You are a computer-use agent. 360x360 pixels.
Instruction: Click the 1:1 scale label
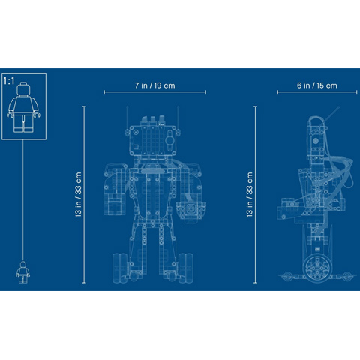(x=9, y=81)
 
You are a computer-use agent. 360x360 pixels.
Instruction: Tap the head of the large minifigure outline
(x=23, y=89)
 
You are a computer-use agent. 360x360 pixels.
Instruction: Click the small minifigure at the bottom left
(x=23, y=272)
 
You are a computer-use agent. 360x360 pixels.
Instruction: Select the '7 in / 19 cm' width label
(x=155, y=85)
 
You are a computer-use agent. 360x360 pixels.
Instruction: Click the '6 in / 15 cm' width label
(x=317, y=85)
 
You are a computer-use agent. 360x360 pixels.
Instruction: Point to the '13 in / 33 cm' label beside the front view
(x=78, y=194)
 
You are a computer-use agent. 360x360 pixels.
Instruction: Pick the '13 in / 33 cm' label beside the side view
(x=250, y=194)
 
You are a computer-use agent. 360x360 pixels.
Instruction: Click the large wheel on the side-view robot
(x=317, y=268)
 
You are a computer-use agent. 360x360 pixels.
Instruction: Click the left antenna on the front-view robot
(x=127, y=118)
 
